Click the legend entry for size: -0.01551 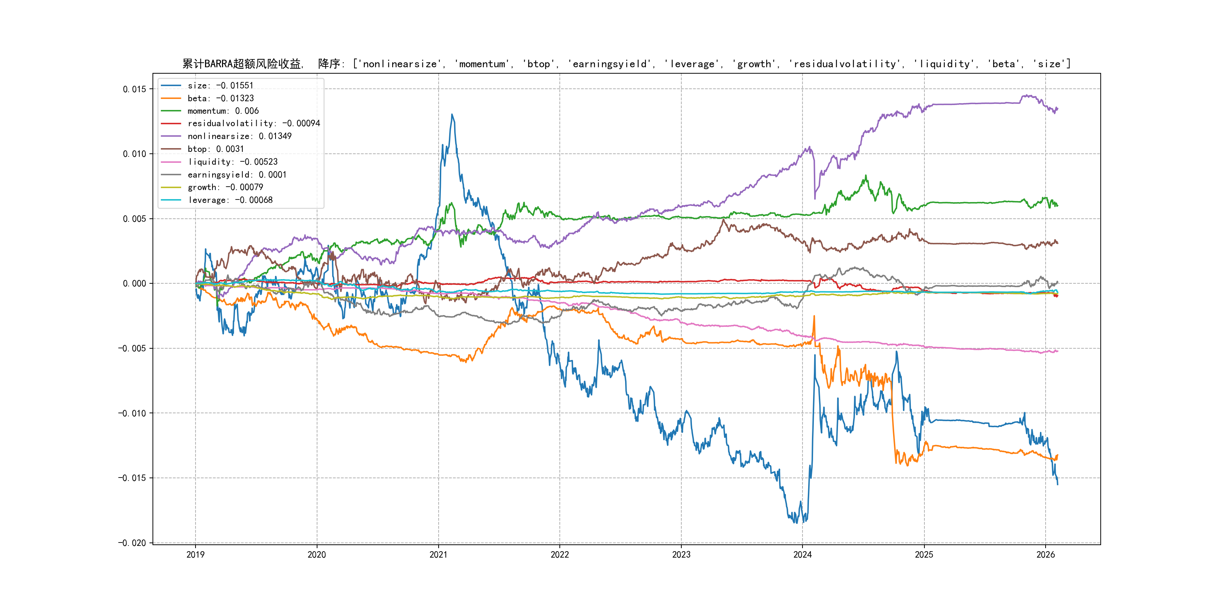(220, 85)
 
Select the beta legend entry (220, 98)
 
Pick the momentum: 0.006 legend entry (223, 111)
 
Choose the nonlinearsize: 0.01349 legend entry (239, 136)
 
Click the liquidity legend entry (232, 162)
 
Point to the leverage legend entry (230, 200)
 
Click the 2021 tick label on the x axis (438, 555)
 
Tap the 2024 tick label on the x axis (802, 555)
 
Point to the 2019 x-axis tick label (195, 555)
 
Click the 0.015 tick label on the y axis (134, 89)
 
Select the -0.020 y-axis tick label (132, 542)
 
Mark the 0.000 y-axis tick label (134, 284)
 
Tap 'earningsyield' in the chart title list (610, 64)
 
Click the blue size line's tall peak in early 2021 (452, 114)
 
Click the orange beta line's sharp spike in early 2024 (814, 316)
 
